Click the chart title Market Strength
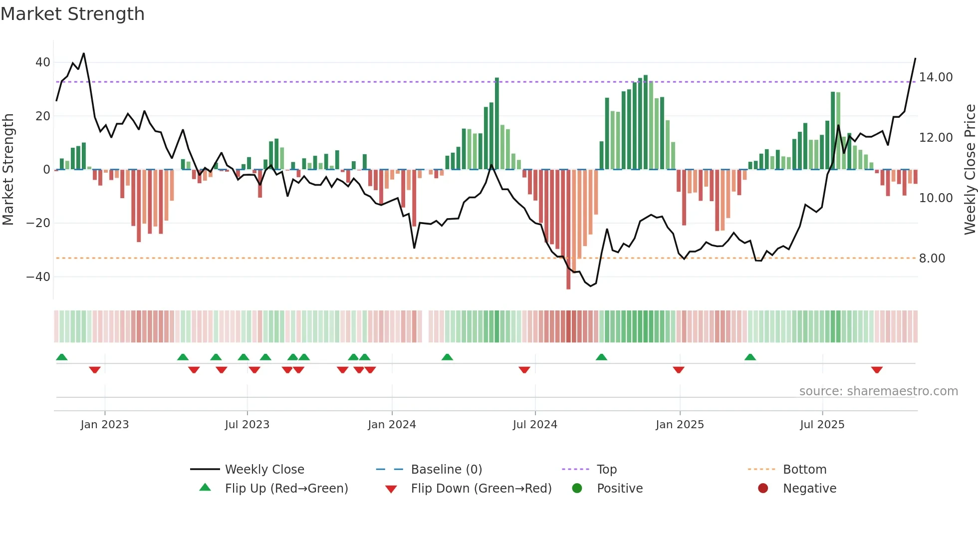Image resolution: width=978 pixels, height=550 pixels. [x=72, y=14]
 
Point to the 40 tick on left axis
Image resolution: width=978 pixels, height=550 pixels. [x=43, y=62]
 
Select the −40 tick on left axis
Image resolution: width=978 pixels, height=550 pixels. [x=38, y=276]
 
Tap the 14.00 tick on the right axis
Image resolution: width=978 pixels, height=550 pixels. [x=936, y=77]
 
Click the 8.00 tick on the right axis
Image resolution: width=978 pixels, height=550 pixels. [x=932, y=259]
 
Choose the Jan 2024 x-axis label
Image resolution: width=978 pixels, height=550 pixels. [x=392, y=425]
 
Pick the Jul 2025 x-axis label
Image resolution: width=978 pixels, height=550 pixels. [x=822, y=425]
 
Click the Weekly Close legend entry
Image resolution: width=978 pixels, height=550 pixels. [x=264, y=470]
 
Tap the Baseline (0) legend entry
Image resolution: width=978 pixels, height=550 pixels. [x=446, y=470]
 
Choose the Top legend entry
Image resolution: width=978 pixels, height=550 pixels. [x=606, y=470]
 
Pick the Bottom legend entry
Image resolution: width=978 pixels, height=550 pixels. [x=804, y=470]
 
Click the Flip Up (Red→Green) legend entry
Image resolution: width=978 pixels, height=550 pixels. [x=286, y=489]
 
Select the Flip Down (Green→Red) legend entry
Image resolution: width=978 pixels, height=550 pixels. [x=481, y=489]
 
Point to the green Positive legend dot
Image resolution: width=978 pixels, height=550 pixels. [x=577, y=489]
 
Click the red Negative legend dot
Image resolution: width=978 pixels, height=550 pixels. [x=763, y=489]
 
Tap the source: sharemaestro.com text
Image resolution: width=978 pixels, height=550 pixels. [x=878, y=391]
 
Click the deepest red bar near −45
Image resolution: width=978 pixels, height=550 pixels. [x=568, y=230]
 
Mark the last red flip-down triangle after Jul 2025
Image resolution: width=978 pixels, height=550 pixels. [x=877, y=370]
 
